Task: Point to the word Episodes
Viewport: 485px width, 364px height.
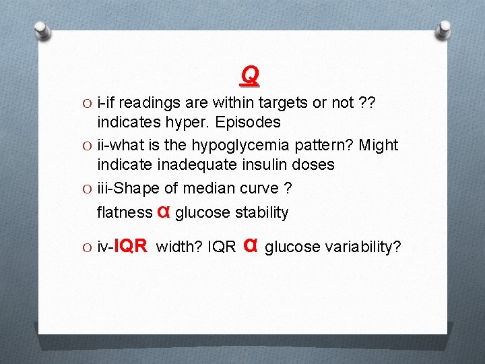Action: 247,123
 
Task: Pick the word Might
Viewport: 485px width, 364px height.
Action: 379,145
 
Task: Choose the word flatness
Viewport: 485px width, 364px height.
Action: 125,213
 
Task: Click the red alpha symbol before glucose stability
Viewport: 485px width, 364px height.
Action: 162,211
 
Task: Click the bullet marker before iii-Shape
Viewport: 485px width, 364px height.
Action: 88,187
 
